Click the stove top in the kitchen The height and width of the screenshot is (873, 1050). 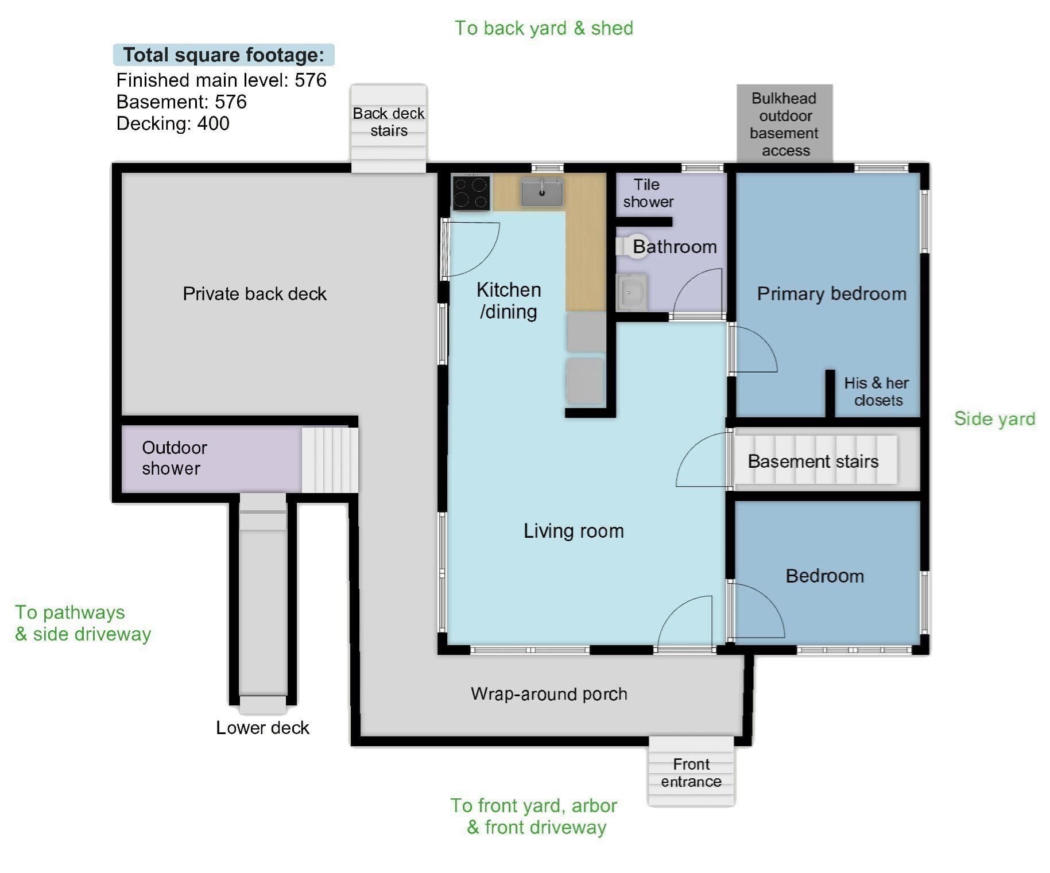point(471,192)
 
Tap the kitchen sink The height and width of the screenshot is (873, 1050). point(542,192)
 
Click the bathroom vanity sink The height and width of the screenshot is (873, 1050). point(631,292)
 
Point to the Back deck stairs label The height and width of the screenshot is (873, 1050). point(389,122)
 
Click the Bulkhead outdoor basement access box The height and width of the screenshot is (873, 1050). point(785,123)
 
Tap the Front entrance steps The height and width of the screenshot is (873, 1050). point(691,771)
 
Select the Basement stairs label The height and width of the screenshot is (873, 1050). point(813,461)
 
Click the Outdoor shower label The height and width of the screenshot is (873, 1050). point(174,457)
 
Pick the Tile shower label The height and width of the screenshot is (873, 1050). point(648,193)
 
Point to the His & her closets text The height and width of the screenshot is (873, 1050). point(877,391)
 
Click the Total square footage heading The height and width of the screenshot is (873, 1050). point(223,55)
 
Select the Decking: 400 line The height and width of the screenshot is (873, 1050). point(173,123)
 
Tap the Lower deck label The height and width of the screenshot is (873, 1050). point(262,728)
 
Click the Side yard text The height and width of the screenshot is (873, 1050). point(994,419)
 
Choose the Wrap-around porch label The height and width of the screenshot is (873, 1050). point(549,694)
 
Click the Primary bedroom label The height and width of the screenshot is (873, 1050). point(832,294)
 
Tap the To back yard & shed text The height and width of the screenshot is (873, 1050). point(544,28)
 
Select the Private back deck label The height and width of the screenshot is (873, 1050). point(254,294)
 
